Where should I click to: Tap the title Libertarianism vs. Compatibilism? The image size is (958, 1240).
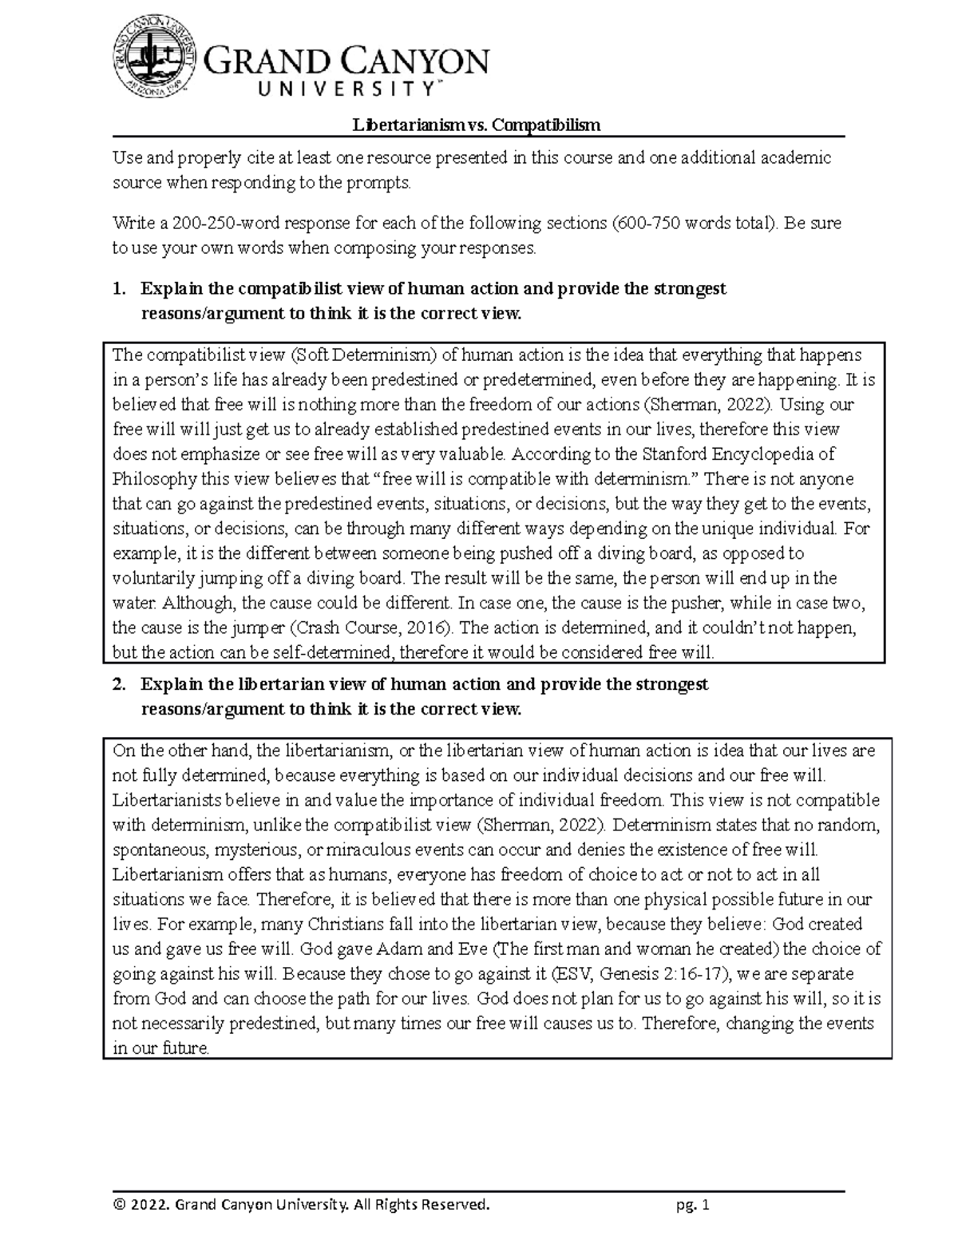click(x=477, y=125)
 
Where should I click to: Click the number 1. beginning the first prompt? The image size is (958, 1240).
click(x=119, y=288)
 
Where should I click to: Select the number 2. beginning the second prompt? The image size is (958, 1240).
click(x=119, y=684)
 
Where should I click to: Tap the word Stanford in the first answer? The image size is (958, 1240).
click(x=690, y=454)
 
